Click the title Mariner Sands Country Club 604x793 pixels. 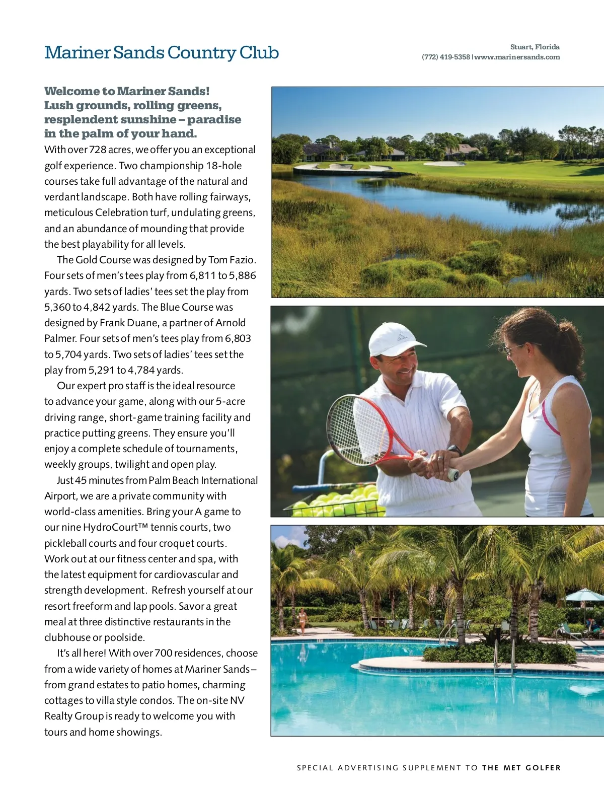click(x=161, y=53)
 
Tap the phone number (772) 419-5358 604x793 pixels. click(x=445, y=57)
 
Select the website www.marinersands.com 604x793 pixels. click(x=517, y=57)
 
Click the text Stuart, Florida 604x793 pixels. click(x=535, y=47)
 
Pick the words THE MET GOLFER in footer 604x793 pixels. click(x=521, y=768)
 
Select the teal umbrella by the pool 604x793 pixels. click(x=584, y=596)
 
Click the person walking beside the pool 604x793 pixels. click(x=303, y=621)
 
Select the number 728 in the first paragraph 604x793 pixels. click(x=98, y=150)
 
